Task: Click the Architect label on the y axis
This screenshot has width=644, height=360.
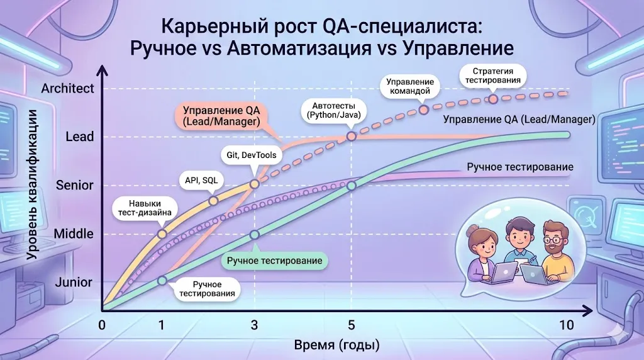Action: tap(67, 88)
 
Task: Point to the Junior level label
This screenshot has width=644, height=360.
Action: tap(74, 282)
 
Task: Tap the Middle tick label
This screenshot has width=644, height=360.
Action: tap(74, 233)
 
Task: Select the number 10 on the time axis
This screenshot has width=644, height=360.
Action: tap(566, 325)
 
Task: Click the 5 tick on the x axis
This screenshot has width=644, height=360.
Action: tap(352, 325)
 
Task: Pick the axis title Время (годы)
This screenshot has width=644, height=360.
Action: tap(336, 346)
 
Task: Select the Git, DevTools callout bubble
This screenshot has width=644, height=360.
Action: tap(251, 155)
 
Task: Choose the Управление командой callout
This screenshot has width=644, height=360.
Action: tap(409, 87)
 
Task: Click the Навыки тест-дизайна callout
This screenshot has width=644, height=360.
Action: tap(144, 208)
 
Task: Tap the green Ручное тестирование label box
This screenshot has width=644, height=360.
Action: tap(274, 261)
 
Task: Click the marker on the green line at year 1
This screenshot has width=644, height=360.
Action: tap(162, 281)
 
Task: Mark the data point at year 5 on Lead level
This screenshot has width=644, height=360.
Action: tap(352, 136)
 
